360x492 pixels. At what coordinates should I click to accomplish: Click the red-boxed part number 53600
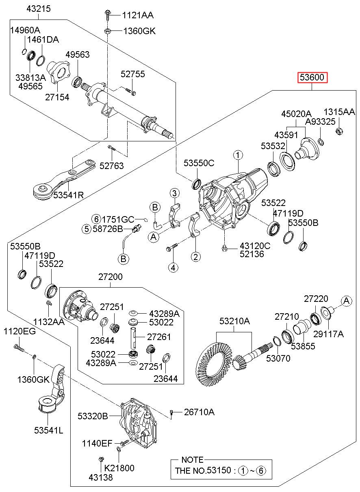click(312, 77)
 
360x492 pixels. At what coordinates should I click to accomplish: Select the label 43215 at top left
click(39, 8)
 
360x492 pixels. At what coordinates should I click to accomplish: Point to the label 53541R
click(68, 195)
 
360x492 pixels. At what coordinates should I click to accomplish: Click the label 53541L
click(48, 430)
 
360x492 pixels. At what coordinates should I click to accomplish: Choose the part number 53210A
click(234, 321)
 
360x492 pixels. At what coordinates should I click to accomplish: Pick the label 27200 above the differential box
click(110, 277)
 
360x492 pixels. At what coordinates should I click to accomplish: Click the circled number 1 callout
click(238, 155)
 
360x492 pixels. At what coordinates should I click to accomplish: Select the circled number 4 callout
click(173, 267)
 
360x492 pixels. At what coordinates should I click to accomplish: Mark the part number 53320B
click(93, 416)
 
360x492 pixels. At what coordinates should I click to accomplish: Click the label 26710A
click(199, 412)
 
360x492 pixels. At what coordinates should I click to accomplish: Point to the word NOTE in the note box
click(192, 460)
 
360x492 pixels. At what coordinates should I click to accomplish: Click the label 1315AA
click(339, 112)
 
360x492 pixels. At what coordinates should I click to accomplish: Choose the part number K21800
click(119, 468)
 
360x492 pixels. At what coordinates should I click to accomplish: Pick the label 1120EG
click(20, 332)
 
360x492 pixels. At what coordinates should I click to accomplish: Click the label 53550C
click(198, 163)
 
